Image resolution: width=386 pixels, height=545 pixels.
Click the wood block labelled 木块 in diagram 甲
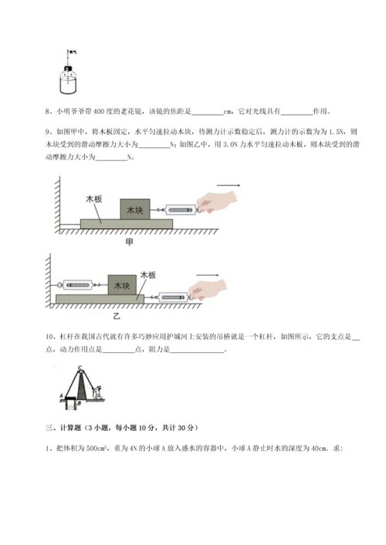tap(135, 209)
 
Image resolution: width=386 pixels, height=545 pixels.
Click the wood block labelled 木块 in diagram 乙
tap(122, 285)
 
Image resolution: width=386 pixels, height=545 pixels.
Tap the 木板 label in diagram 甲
tap(94, 199)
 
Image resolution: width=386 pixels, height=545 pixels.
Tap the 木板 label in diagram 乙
tap(148, 274)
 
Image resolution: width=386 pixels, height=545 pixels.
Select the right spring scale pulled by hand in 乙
tap(165, 295)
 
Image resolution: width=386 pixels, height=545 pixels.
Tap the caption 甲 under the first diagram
tap(129, 241)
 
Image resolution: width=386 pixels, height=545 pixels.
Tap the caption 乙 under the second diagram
tap(118, 316)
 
